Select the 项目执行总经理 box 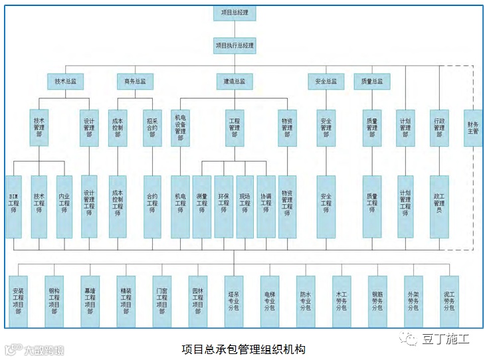pos(235,46)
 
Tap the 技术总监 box pos(64,82)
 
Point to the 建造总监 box pos(235,82)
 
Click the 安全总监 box pos(326,82)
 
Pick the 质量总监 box pos(372,82)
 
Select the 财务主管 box pos(473,128)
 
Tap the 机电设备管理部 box pos(180,128)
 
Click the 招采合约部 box pos(152,128)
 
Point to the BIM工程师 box pos(13,207)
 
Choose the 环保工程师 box pos(223,207)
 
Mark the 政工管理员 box pos(439,207)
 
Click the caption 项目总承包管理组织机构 pos(243,349)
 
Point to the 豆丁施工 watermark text pos(446,339)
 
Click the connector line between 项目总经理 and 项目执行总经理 pos(235,29)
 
